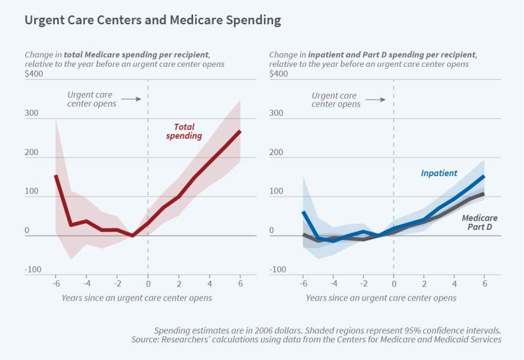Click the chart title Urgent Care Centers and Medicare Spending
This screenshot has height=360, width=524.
point(153,20)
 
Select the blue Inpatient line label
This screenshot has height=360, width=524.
point(438,173)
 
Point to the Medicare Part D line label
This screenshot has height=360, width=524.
point(479,223)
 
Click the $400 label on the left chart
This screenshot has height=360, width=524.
point(35,73)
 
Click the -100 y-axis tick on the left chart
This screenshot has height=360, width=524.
point(33,270)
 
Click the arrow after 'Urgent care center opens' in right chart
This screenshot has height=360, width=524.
point(375,99)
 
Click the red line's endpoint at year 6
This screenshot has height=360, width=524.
point(240,131)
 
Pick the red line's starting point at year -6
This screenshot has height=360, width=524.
point(56,175)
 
